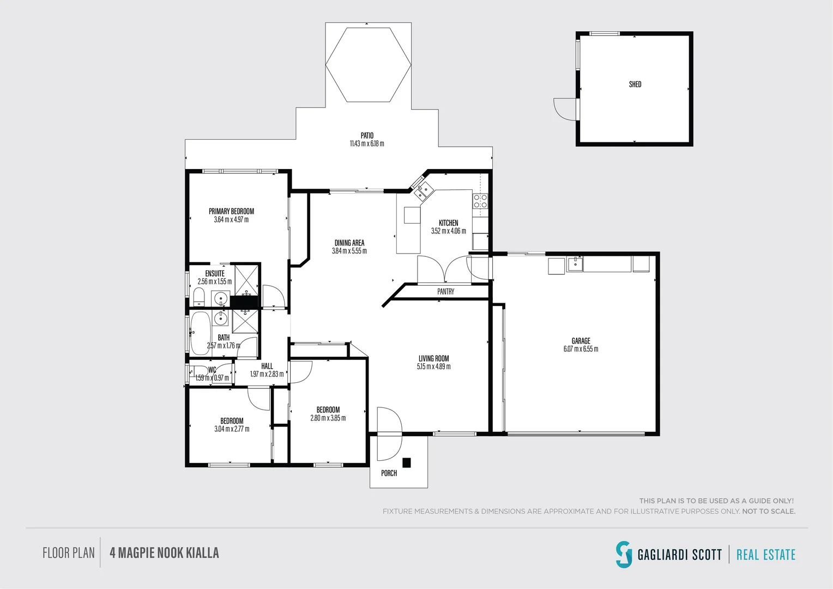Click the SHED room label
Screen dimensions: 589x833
click(635, 85)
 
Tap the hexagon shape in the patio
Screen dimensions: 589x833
click(368, 64)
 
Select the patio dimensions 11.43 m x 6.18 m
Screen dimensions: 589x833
click(367, 144)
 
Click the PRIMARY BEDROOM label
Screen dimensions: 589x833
click(231, 212)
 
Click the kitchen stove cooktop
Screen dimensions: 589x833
click(480, 201)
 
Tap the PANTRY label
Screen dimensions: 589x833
click(445, 292)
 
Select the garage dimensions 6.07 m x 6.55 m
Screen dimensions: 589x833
click(581, 349)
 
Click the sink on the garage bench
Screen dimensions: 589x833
click(575, 265)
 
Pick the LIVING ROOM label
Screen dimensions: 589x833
click(434, 359)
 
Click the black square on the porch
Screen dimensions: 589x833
click(406, 463)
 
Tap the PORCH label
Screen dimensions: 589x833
click(389, 473)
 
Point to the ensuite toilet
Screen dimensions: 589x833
click(198, 297)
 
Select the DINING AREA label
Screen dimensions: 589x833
click(349, 243)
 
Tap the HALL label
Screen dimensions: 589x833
click(267, 366)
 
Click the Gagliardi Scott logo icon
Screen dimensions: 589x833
click(624, 554)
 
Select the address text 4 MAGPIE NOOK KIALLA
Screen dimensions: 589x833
click(164, 553)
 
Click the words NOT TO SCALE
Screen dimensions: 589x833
click(769, 512)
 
